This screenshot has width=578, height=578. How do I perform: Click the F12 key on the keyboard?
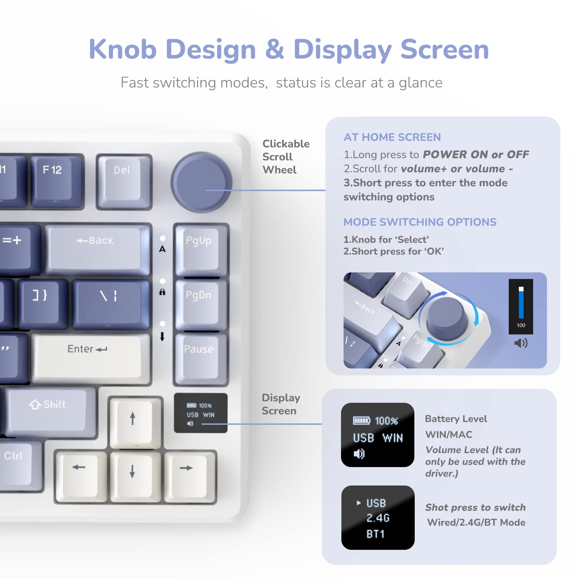pos(54,179)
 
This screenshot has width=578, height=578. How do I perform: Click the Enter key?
pos(89,356)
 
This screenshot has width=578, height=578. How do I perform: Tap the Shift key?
pos(49,410)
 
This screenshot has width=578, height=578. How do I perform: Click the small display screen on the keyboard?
pos(200,413)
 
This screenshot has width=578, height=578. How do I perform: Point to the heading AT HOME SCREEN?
pos(392,137)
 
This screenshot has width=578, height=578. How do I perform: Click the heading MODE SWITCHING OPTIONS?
pos(420,222)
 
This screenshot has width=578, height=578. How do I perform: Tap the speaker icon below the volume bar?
pos(521,342)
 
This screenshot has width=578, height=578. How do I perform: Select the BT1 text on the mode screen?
pos(375,534)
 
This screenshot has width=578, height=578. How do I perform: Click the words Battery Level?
pos(456,419)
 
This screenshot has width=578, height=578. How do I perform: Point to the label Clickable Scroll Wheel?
pos(285,157)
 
